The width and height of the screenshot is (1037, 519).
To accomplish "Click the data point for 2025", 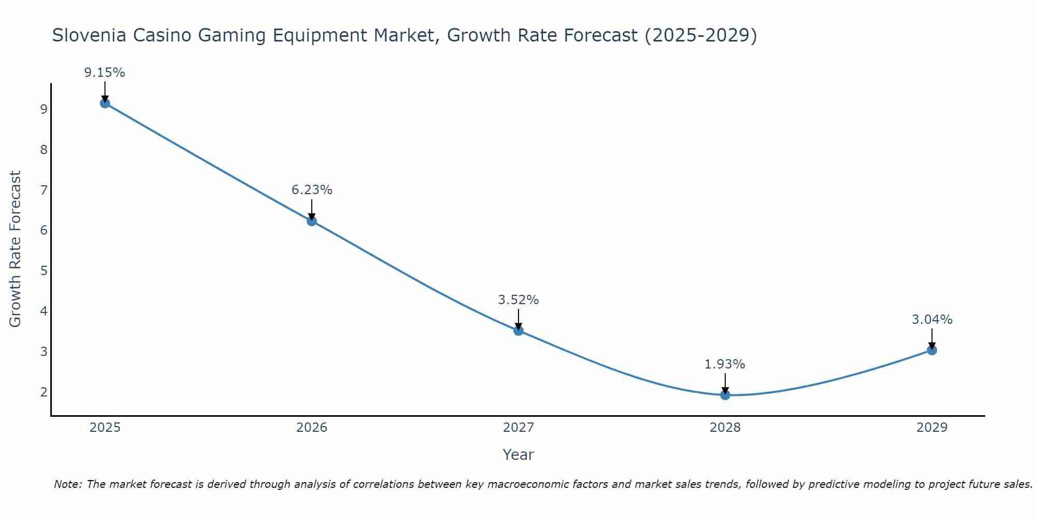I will [105, 103].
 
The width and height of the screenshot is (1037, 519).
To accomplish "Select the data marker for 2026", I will [312, 221].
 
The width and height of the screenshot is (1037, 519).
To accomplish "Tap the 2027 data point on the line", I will [518, 331].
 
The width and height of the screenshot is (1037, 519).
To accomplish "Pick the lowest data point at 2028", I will [725, 395].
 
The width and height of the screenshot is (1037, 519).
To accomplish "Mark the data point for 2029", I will [932, 350].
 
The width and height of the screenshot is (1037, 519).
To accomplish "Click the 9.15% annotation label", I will [105, 73].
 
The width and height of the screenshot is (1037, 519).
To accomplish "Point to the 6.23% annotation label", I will [312, 190].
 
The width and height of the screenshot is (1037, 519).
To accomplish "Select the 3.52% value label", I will [518, 300].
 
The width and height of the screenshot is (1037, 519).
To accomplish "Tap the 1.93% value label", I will [725, 364].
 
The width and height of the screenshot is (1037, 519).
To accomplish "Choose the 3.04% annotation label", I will [932, 320].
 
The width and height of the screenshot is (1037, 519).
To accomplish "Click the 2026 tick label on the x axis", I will [312, 428].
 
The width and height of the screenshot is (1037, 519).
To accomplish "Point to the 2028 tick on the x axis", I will [725, 428].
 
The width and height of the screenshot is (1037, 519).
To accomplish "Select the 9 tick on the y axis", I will [44, 110].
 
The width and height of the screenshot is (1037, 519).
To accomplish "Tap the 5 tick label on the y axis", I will [44, 271].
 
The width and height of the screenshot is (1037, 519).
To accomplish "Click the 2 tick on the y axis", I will [44, 392].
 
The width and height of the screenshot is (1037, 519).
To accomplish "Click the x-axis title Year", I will [518, 455].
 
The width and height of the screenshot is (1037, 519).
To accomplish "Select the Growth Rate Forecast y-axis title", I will [16, 249].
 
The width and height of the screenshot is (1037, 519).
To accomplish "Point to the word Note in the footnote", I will [67, 484].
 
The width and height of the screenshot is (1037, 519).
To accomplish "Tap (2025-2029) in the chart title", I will [700, 35].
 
